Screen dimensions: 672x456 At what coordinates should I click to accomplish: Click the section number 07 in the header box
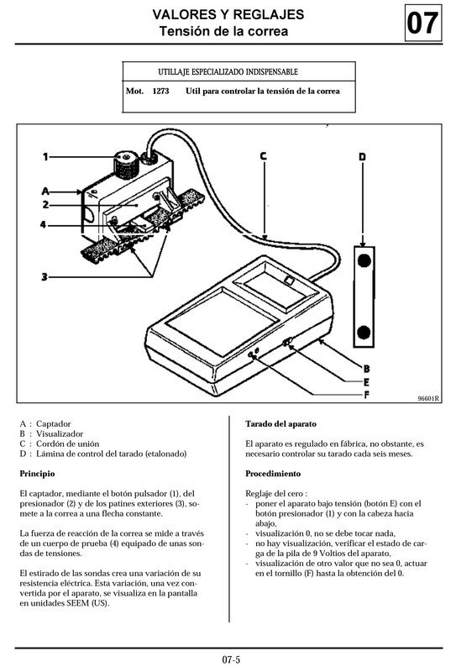(x=422, y=24)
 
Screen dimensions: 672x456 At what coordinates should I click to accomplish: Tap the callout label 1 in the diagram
(x=46, y=155)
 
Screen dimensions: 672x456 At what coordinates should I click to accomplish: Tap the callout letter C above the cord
(x=263, y=155)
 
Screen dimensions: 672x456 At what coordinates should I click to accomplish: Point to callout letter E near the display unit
(x=366, y=381)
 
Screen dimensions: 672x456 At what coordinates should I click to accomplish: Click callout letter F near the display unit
(x=366, y=395)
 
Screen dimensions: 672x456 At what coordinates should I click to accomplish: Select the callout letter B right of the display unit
(x=366, y=368)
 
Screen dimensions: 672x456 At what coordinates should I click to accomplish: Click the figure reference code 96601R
(x=428, y=399)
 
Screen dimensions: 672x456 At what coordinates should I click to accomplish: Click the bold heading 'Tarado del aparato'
(x=280, y=424)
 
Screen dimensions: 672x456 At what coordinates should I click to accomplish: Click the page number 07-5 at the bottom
(x=232, y=659)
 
